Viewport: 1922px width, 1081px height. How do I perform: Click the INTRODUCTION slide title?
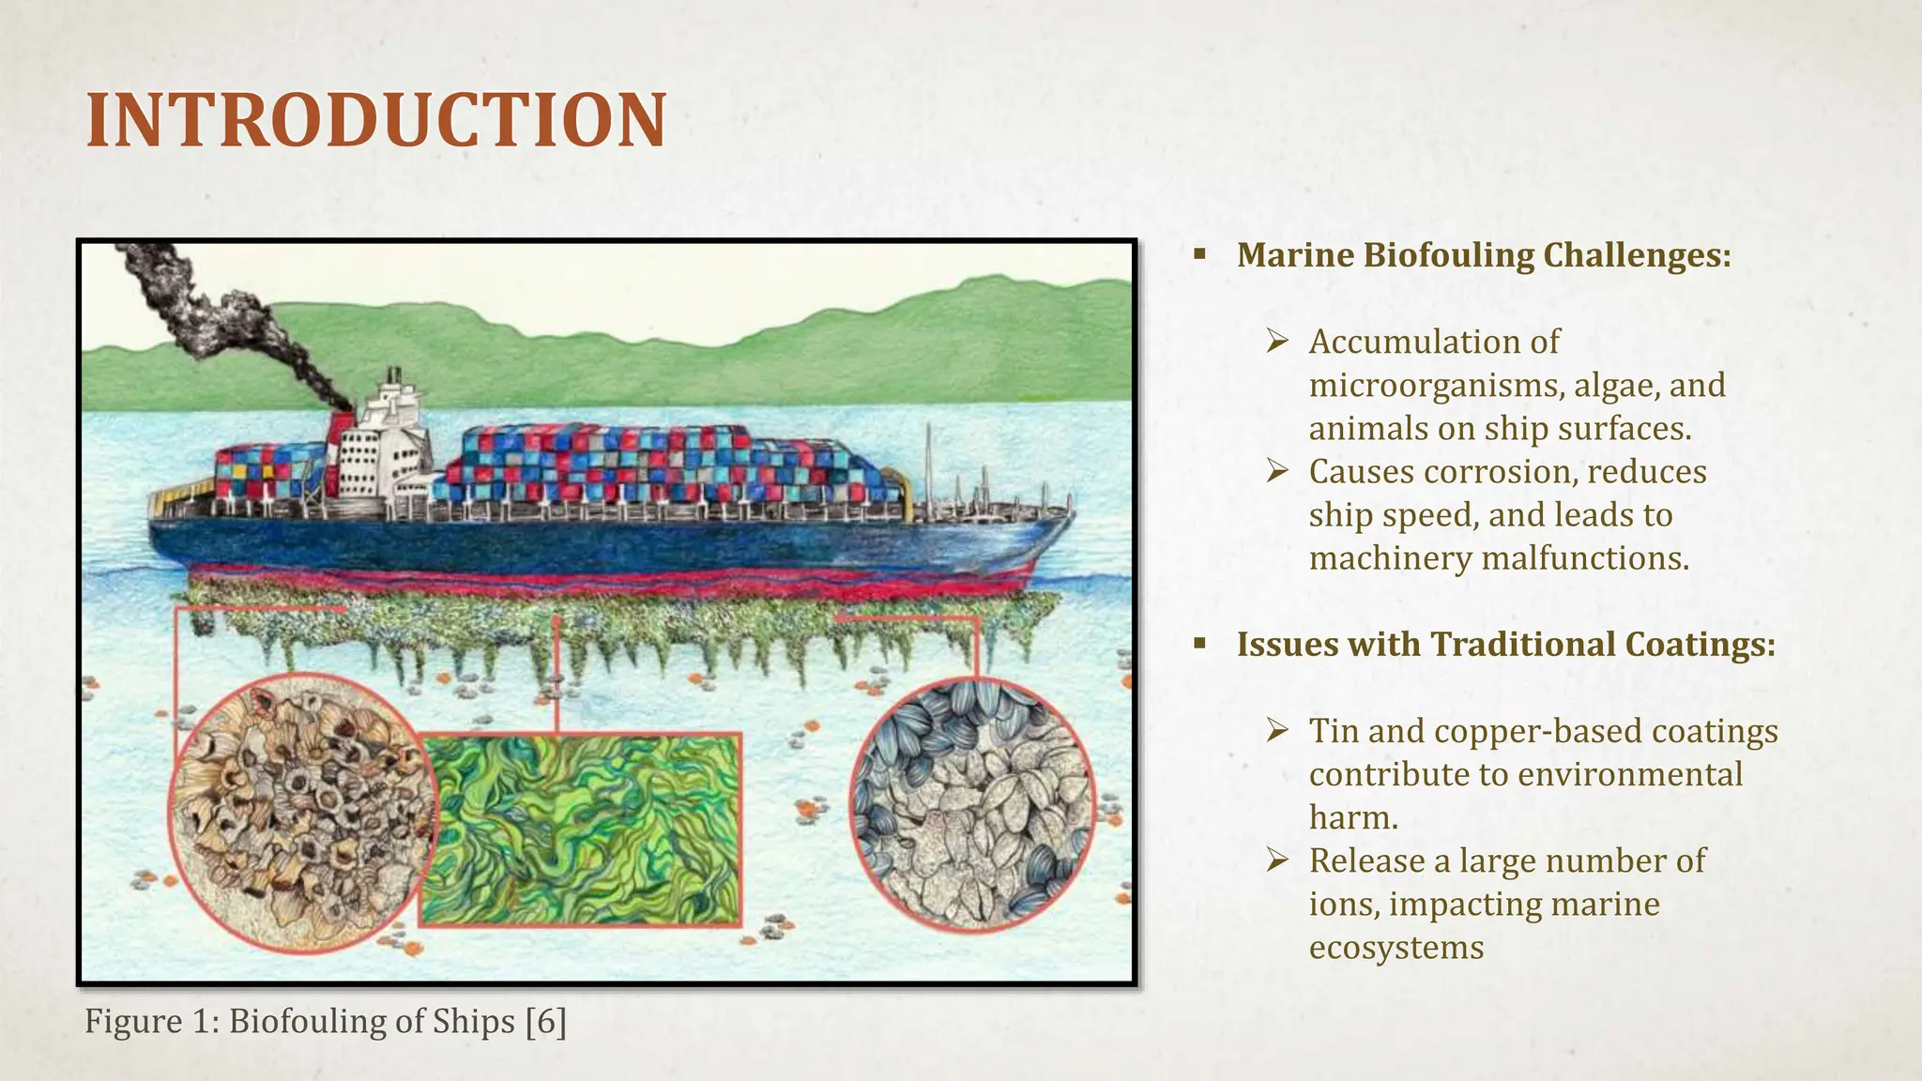pos(375,121)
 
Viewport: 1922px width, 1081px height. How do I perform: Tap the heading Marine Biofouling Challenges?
pos(1483,255)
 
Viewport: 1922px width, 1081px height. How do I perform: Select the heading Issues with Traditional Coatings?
pos(1505,645)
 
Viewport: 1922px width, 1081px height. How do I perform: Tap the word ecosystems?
pos(1396,948)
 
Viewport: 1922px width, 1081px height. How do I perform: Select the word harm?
pos(1353,817)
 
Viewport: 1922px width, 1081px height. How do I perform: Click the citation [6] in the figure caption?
pos(546,1021)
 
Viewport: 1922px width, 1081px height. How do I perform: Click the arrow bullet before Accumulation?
pos(1276,342)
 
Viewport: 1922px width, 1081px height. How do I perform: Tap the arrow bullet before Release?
pos(1276,860)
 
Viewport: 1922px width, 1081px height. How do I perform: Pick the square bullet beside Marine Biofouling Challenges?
pos(1199,254)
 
